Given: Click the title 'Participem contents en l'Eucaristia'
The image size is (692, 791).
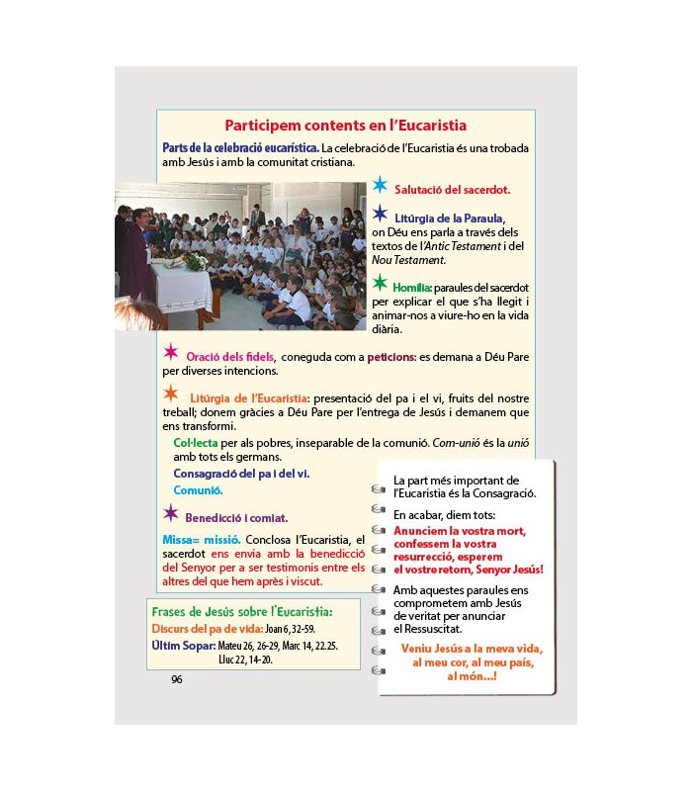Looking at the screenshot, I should [345, 126].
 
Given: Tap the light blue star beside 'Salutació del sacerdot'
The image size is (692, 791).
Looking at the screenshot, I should [380, 185].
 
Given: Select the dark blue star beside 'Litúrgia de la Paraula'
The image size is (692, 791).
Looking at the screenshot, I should [380, 214].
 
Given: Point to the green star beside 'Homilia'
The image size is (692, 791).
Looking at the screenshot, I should [380, 284].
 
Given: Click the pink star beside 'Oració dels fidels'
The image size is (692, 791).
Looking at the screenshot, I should [171, 352].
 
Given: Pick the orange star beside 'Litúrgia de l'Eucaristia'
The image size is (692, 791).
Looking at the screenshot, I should [171, 394].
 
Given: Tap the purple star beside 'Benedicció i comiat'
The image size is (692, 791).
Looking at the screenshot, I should [171, 513].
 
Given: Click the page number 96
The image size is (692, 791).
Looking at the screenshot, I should [177, 679].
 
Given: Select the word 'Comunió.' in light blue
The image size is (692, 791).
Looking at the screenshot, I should [198, 490].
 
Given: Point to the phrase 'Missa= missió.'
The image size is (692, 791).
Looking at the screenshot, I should [201, 539].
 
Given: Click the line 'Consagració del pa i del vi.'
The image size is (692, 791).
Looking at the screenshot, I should [241, 474].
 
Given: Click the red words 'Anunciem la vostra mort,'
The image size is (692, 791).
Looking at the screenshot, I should [459, 531].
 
